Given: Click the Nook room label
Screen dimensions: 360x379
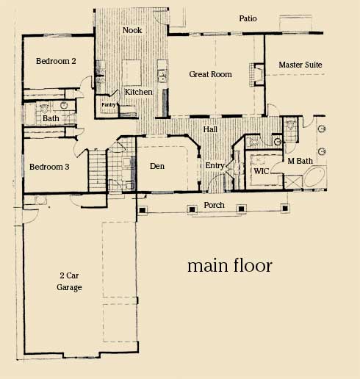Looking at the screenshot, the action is [132, 30].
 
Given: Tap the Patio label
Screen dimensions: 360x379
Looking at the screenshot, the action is [248, 18].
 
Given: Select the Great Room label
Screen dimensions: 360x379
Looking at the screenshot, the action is [210, 74].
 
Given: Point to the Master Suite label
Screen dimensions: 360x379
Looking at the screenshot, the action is [300, 65].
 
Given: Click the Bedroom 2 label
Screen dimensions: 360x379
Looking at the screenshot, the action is [56, 61].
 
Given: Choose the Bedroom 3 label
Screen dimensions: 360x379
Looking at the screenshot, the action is [49, 167].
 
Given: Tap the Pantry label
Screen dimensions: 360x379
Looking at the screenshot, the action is [109, 105].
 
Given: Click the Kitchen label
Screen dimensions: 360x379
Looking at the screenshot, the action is [139, 92].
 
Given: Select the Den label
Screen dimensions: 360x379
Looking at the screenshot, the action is [157, 166].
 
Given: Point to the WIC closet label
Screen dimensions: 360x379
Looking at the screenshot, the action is [261, 171].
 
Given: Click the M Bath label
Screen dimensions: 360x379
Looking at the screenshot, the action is [300, 161].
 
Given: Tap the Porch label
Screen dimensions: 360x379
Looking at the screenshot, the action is [214, 205].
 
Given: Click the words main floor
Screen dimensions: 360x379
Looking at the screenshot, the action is [230, 265].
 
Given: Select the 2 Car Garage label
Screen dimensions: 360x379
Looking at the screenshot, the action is [69, 281].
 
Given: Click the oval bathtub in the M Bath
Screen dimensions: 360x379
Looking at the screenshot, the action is [314, 177].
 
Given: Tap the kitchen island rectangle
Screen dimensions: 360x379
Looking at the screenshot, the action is [132, 73].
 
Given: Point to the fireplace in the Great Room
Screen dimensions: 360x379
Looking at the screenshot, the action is [257, 74].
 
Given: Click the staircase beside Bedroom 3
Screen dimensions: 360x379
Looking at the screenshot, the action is [97, 170].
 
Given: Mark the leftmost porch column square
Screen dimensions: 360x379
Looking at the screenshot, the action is [142, 210].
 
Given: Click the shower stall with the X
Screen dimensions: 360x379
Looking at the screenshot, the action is [293, 181].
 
